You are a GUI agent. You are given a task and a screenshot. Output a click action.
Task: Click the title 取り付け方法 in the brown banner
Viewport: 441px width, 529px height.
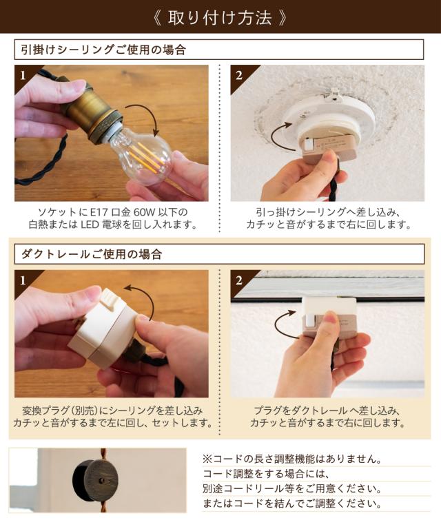point(220,17)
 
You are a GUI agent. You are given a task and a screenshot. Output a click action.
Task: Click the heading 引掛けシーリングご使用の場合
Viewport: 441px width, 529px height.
point(103,50)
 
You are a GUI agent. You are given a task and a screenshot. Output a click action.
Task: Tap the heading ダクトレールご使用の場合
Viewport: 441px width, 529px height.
point(92,254)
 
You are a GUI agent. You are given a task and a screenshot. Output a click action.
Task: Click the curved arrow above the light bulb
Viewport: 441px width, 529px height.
point(148,115)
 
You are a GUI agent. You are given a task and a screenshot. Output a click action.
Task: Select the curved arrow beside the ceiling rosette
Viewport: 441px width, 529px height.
point(279,138)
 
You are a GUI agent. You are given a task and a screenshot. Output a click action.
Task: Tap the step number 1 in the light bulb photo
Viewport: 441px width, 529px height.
point(23,75)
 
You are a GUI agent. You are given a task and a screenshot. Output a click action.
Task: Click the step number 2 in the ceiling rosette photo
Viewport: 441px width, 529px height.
point(239,75)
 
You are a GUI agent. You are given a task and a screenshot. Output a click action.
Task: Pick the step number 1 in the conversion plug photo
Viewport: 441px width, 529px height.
point(23,280)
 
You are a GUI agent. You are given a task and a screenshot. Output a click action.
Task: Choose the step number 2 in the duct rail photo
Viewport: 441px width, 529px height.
point(239,280)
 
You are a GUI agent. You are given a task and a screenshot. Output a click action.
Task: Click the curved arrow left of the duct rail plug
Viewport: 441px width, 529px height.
point(280,326)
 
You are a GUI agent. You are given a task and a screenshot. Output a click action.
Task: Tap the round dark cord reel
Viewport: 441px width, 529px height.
point(96,480)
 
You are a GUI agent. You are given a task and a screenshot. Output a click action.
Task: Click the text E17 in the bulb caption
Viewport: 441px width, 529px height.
point(99,212)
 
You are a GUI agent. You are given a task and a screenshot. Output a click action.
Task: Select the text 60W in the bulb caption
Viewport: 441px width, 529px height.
point(145,212)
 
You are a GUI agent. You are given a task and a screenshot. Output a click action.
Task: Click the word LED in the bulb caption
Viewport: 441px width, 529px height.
point(90,225)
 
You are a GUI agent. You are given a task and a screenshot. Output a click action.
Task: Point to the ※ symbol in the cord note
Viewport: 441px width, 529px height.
point(207,459)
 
